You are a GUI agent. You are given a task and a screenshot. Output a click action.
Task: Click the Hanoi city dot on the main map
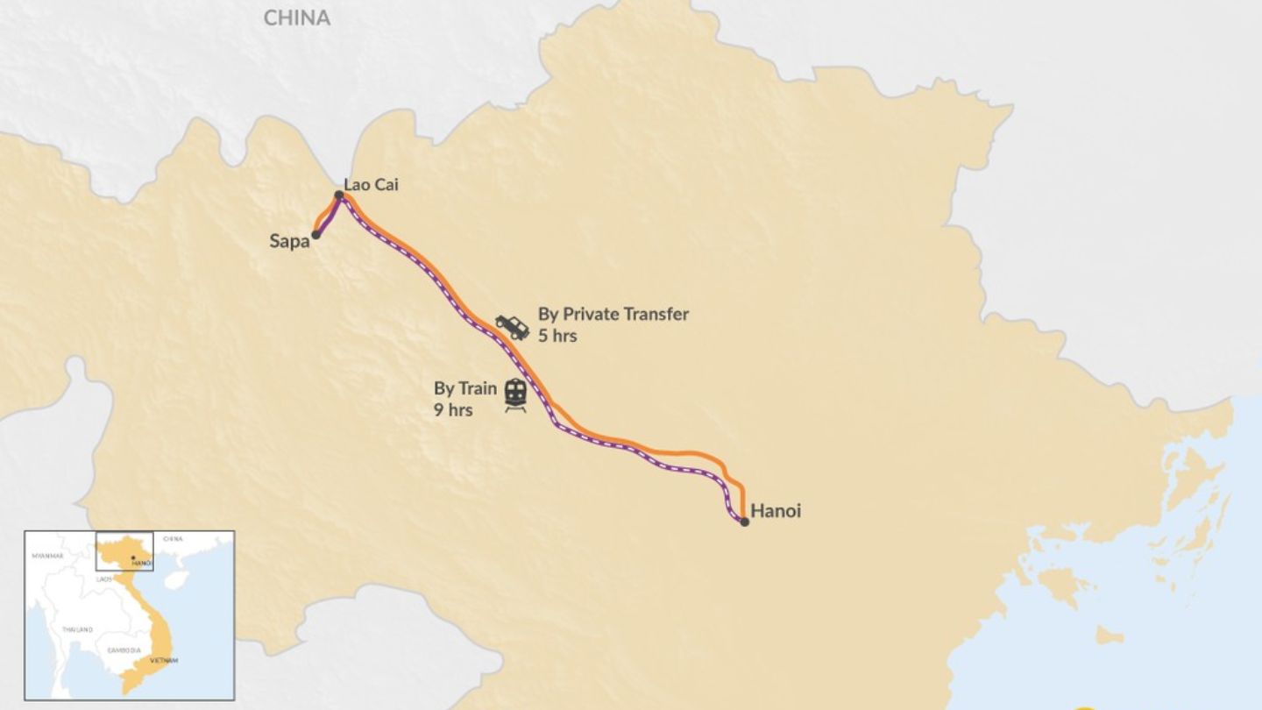[x=744, y=522]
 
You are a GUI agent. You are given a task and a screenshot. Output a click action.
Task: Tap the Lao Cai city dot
[x=338, y=195]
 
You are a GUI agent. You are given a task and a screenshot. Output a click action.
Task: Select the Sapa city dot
[x=315, y=235]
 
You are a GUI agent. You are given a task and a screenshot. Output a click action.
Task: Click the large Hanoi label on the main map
[x=776, y=510]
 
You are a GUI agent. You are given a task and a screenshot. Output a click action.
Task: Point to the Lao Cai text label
[x=371, y=184]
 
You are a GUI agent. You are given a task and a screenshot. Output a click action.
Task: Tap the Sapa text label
[x=289, y=241]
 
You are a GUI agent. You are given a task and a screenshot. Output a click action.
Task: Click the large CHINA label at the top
[x=297, y=18]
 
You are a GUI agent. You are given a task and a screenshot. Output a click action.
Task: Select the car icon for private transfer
[x=512, y=326]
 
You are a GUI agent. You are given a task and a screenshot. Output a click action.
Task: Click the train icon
[x=515, y=394]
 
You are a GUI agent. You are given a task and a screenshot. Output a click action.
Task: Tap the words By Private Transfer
[x=613, y=314]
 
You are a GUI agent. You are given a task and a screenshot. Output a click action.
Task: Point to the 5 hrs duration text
[x=557, y=336]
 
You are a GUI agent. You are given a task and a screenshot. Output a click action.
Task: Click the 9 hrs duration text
[x=453, y=409]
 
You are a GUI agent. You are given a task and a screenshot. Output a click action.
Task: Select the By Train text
[x=465, y=388]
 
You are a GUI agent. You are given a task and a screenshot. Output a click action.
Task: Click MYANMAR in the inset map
[x=47, y=556]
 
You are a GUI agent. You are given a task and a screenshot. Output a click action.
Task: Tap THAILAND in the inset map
[x=77, y=629]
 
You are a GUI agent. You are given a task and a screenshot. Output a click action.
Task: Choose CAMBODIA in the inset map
[x=124, y=650]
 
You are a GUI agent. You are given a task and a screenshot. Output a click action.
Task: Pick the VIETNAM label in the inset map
[x=164, y=660]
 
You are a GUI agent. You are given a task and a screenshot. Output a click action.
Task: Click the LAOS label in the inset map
[x=104, y=579]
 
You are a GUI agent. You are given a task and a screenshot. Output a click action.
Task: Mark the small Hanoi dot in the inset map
[x=131, y=557]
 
